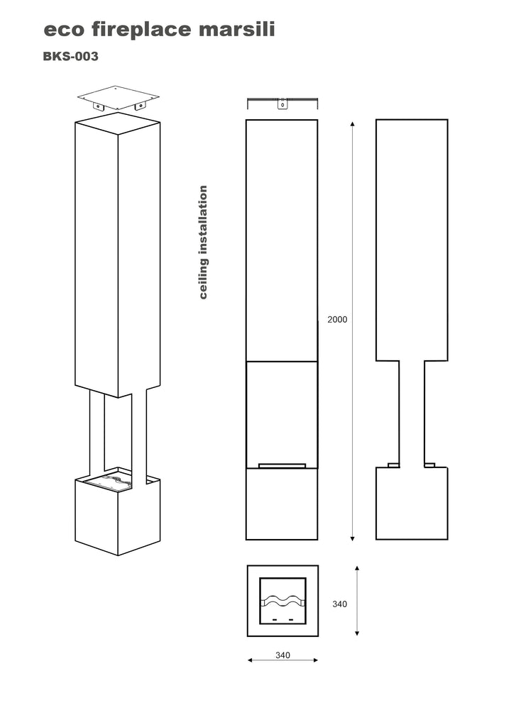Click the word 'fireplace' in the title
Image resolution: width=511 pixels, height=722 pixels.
[141, 30]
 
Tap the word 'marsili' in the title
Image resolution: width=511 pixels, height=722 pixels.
[237, 29]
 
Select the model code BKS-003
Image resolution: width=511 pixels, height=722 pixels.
[70, 56]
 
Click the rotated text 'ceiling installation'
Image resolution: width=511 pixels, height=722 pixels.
[203, 242]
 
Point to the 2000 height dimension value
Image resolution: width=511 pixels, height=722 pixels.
[337, 320]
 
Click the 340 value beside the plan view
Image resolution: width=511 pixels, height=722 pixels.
[339, 604]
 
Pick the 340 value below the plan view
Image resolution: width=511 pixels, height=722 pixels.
[282, 655]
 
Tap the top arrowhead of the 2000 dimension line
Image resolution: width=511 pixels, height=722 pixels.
[353, 124]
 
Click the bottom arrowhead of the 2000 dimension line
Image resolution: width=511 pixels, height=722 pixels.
[353, 538]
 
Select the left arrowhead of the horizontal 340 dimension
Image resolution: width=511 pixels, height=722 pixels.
[251, 660]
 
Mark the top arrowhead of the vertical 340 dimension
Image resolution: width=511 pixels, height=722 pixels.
[357, 569]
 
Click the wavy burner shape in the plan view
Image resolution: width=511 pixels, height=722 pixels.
[283, 601]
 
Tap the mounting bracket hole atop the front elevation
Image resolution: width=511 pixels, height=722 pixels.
[282, 104]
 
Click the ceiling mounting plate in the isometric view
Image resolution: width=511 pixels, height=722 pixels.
[119, 97]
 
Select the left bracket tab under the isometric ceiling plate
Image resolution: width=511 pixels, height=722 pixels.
[98, 107]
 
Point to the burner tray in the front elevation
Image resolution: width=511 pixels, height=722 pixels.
[282, 466]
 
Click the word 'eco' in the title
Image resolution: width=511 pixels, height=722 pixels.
[64, 30]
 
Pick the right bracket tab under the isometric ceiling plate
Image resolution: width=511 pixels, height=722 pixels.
[139, 107]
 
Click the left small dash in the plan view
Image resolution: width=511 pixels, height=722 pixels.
[275, 620]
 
